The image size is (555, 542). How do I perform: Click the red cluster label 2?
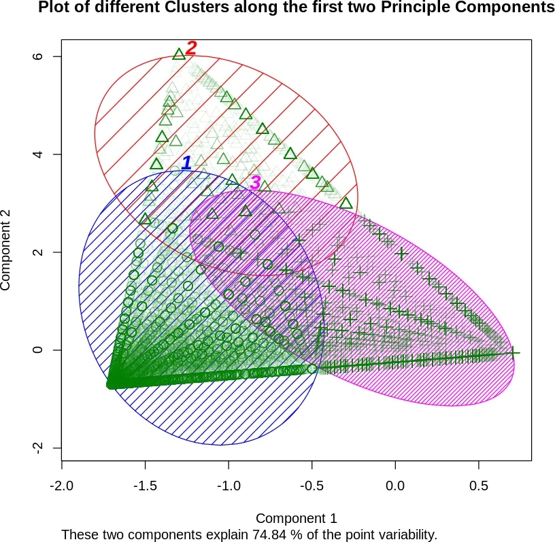(x=191, y=48)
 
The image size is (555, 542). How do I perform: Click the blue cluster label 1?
(x=186, y=163)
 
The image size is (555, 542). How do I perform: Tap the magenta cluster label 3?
(x=255, y=182)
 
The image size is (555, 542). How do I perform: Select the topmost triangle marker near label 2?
(x=179, y=54)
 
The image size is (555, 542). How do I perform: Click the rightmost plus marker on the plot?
(x=514, y=352)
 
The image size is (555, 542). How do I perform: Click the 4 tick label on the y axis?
(x=39, y=154)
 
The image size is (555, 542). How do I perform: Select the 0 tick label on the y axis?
(x=39, y=350)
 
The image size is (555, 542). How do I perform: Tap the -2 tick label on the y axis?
(x=39, y=447)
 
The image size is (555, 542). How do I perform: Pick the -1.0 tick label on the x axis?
(x=229, y=487)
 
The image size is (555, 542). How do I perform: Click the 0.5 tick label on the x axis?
(x=479, y=487)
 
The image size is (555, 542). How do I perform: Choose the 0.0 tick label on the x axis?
(x=395, y=487)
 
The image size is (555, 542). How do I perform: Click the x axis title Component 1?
(x=296, y=518)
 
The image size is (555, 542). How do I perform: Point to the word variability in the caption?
(x=403, y=535)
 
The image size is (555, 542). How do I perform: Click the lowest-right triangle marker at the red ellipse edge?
(x=346, y=203)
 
